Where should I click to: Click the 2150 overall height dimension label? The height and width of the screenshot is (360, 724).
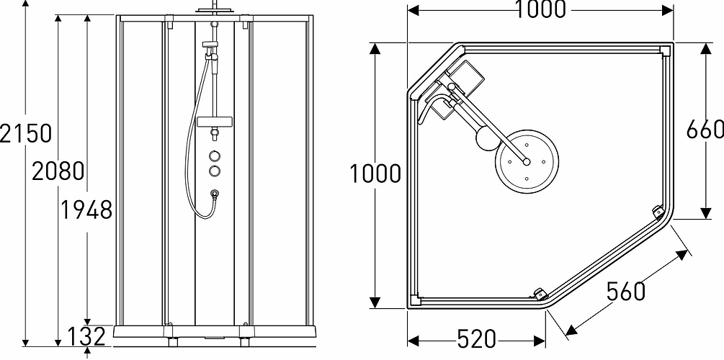pos(27,133)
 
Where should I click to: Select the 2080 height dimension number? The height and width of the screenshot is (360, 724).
pos(58,171)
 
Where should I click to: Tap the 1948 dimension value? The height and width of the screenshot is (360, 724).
pos(86,210)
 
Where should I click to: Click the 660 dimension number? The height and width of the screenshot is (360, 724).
pos(705,130)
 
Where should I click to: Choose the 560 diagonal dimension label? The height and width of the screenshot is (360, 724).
pos(625,291)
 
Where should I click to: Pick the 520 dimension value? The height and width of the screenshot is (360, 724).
pos(476,338)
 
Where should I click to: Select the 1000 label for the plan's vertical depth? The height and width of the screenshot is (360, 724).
pos(375,174)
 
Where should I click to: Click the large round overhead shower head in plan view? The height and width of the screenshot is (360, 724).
pos(526,162)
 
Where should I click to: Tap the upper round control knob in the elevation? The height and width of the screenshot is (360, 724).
pos(215,156)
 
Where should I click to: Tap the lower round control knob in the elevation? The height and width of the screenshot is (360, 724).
pos(215,171)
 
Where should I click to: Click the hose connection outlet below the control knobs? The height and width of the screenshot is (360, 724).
pos(215,193)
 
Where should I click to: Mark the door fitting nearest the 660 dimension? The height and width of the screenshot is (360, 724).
pos(657,212)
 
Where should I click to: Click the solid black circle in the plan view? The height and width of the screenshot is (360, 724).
pos(488,139)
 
